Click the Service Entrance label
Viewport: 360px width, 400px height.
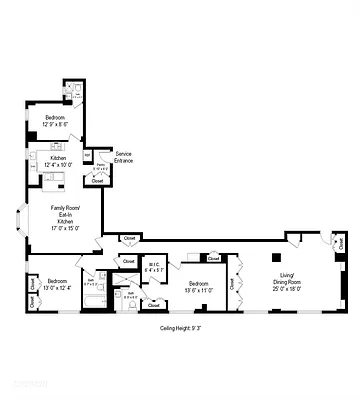(124, 157)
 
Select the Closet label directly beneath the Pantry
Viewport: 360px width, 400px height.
(97, 181)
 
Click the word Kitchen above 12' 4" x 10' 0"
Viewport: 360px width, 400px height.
(58, 158)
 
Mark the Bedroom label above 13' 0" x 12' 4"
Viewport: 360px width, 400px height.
(56, 281)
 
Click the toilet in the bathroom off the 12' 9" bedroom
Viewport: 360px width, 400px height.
(78, 92)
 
